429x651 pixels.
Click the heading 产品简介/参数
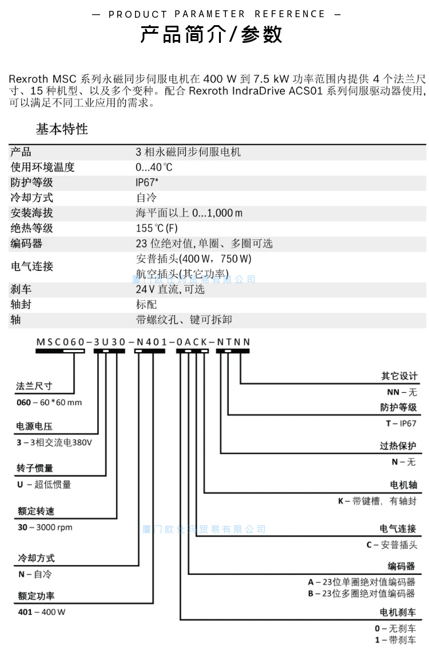point(212,35)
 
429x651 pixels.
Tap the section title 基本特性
point(62,129)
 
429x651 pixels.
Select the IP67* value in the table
point(147,183)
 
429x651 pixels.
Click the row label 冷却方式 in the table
point(32,198)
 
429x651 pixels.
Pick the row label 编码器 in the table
point(27,244)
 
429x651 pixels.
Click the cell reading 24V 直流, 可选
point(170,289)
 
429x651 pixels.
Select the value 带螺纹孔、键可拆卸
point(184,320)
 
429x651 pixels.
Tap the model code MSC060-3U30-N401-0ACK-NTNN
point(143,342)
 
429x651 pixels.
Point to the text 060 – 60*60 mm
point(49,402)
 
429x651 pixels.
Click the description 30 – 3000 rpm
point(45,527)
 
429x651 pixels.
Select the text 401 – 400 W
point(42,612)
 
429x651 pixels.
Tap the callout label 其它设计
point(399,376)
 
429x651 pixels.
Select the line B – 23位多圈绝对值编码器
point(361,594)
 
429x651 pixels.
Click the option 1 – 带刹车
point(396,640)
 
